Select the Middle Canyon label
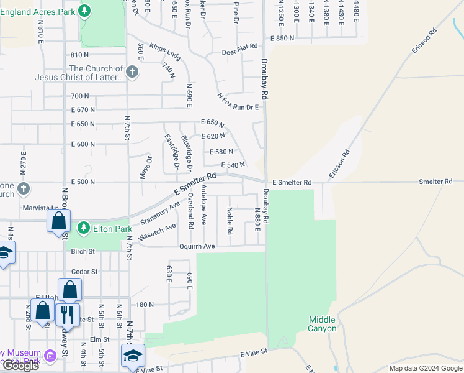[x=323, y=324]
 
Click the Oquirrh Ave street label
[x=197, y=246]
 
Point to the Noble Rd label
[x=230, y=221]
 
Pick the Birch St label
[x=83, y=252]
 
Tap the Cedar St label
[x=84, y=272]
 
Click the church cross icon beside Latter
[x=132, y=73]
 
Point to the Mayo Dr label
[x=145, y=167]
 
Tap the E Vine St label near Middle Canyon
[x=254, y=353]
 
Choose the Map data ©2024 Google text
[x=425, y=368]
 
